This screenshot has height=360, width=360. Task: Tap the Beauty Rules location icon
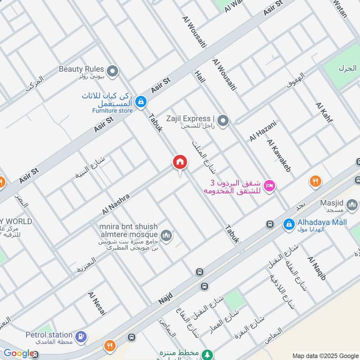(x=112, y=71)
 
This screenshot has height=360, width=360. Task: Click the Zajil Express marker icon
(x=223, y=121)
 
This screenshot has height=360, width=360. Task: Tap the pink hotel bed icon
(x=270, y=185)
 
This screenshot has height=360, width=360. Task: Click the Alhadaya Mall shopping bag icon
(x=288, y=223)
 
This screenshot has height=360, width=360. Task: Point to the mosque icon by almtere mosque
(x=166, y=235)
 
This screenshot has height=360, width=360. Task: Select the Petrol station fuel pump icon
(x=81, y=337)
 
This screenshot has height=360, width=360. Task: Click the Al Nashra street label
(x=116, y=204)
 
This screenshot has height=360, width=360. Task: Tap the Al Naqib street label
(x=316, y=268)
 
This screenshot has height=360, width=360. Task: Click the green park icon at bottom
(x=207, y=354)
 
